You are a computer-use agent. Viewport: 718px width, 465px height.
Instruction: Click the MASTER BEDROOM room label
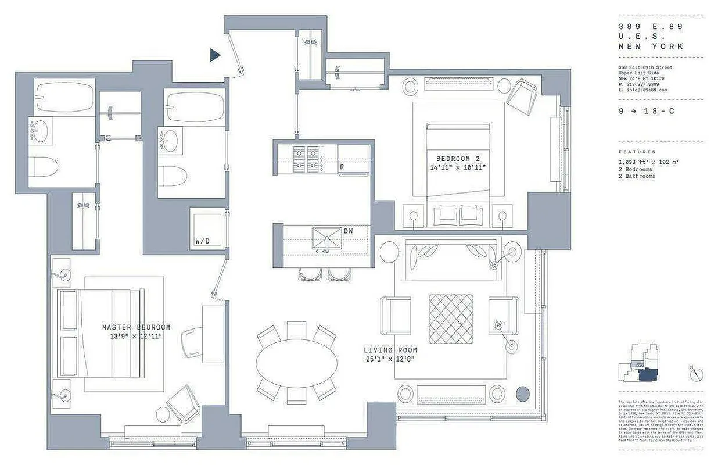click(x=136, y=327)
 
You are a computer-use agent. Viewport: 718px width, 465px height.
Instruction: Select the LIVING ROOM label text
click(x=390, y=350)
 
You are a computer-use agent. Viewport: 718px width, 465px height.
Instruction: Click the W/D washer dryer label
click(x=203, y=241)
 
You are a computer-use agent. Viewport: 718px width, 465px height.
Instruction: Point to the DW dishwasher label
click(x=349, y=231)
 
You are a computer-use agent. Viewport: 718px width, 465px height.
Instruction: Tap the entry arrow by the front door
click(x=215, y=55)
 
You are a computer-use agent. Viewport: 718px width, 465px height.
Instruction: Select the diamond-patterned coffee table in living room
click(x=451, y=319)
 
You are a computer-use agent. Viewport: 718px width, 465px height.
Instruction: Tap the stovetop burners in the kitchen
click(x=307, y=159)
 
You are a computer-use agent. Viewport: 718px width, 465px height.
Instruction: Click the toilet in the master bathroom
click(x=44, y=166)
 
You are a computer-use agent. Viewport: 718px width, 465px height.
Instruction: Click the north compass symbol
click(x=697, y=374)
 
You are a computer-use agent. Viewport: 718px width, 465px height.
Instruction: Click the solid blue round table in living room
click(x=522, y=393)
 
